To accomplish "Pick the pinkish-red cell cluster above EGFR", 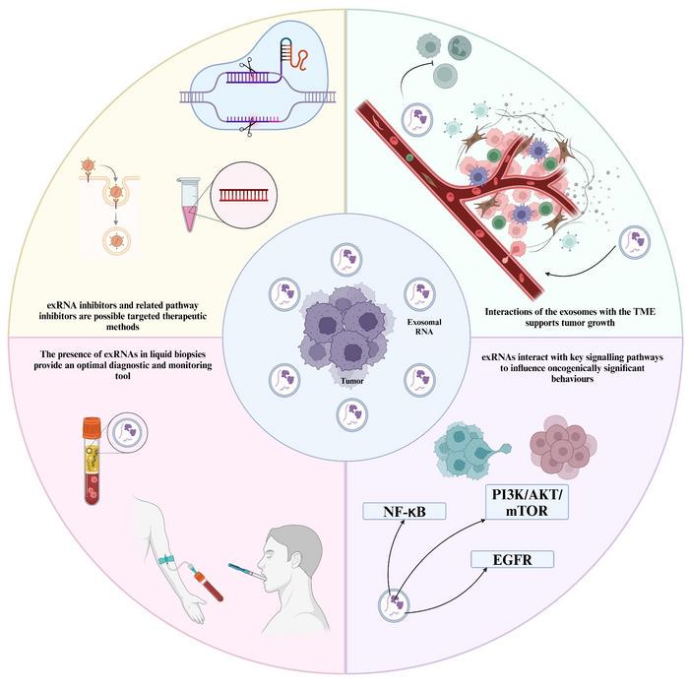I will coord(565,456).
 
